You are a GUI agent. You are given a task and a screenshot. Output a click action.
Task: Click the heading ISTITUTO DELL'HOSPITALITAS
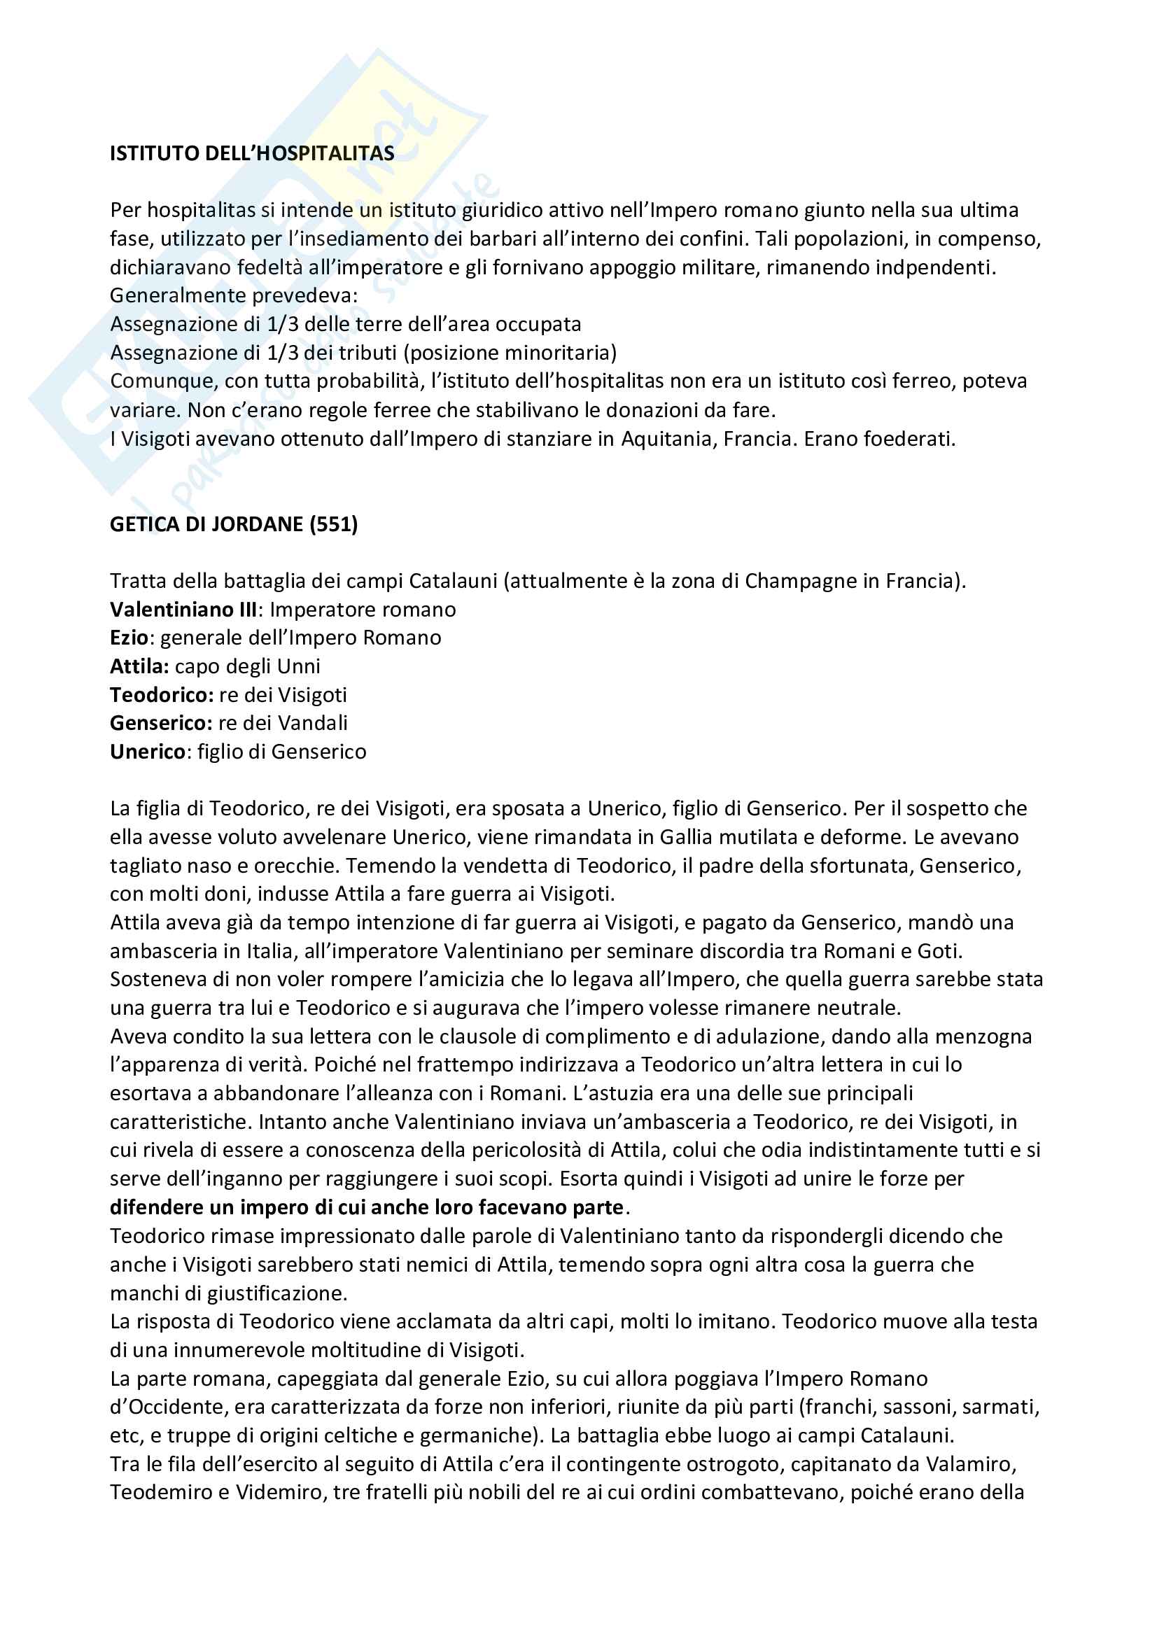pyautogui.click(x=252, y=153)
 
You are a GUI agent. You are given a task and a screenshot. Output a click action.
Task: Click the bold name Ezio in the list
pyautogui.click(x=128, y=638)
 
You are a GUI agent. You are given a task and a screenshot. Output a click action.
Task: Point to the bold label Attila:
pyautogui.click(x=139, y=666)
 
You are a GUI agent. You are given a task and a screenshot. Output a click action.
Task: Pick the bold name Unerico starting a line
pyautogui.click(x=147, y=752)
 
